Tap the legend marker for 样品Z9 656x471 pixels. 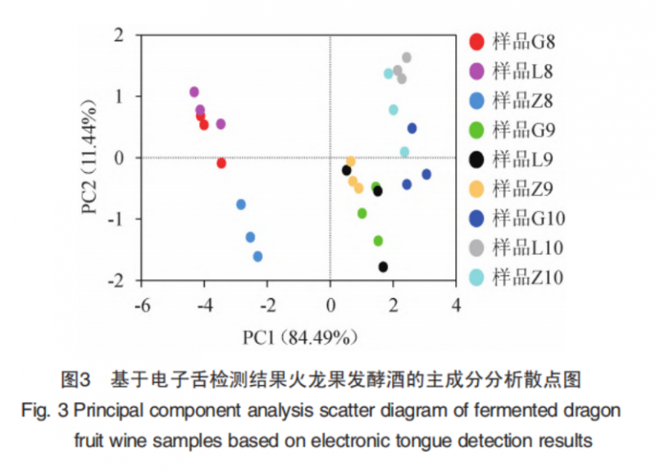[x=476, y=189]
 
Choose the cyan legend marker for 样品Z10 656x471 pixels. [x=476, y=277]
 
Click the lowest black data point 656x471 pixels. [x=383, y=267]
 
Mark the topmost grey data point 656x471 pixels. [x=407, y=57]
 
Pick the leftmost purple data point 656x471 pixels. [x=194, y=92]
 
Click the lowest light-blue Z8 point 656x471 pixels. [x=257, y=256]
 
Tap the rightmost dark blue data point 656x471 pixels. [x=426, y=174]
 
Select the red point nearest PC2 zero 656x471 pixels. [x=221, y=163]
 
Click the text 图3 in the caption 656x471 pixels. [x=75, y=380]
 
